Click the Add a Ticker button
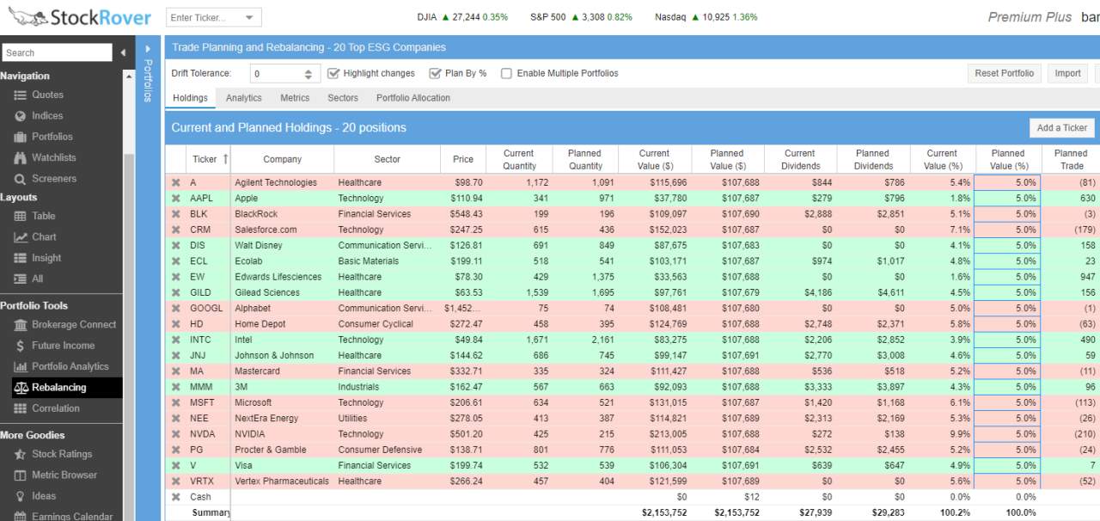[1061, 128]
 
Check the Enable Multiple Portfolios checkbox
[507, 74]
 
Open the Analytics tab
[243, 98]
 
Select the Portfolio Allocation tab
[412, 98]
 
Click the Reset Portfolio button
[1004, 74]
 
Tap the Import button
[1067, 74]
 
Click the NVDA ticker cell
[203, 434]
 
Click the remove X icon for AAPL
[176, 199]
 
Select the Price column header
[462, 159]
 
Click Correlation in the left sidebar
[55, 408]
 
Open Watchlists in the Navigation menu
[53, 157]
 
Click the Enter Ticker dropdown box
[212, 17]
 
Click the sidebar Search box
[57, 52]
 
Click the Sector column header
[387, 159]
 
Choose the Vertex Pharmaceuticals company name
[281, 481]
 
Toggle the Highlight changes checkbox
[334, 74]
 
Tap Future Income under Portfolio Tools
[63, 346]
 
